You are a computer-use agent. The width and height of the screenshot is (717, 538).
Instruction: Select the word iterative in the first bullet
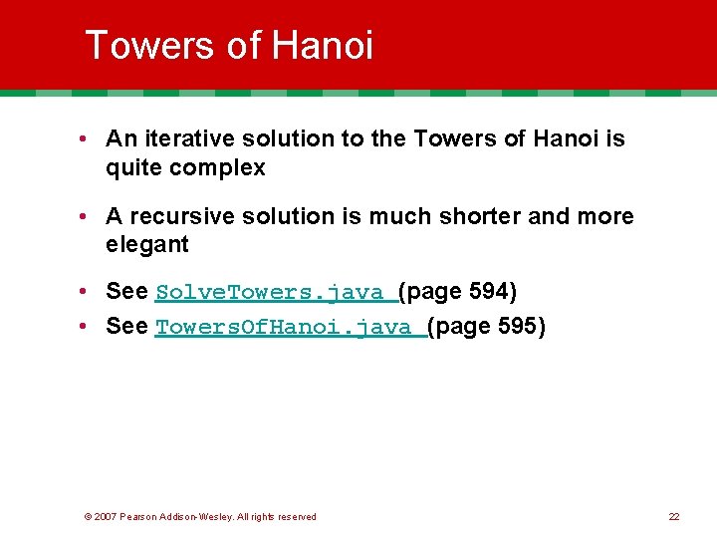click(185, 139)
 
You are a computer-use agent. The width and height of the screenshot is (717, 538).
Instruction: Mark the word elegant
click(147, 245)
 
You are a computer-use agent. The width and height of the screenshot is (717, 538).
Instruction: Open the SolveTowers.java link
click(275, 292)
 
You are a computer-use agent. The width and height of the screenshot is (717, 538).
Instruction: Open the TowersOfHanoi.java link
click(290, 327)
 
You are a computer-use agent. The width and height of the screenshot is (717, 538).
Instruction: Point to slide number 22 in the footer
click(674, 516)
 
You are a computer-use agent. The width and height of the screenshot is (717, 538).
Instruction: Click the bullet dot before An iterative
click(89, 140)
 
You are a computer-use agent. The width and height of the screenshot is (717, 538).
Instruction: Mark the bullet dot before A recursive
click(89, 217)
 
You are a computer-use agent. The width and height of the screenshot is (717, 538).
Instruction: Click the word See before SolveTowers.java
click(126, 292)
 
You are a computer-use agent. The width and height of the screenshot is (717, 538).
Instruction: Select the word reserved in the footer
click(296, 516)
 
